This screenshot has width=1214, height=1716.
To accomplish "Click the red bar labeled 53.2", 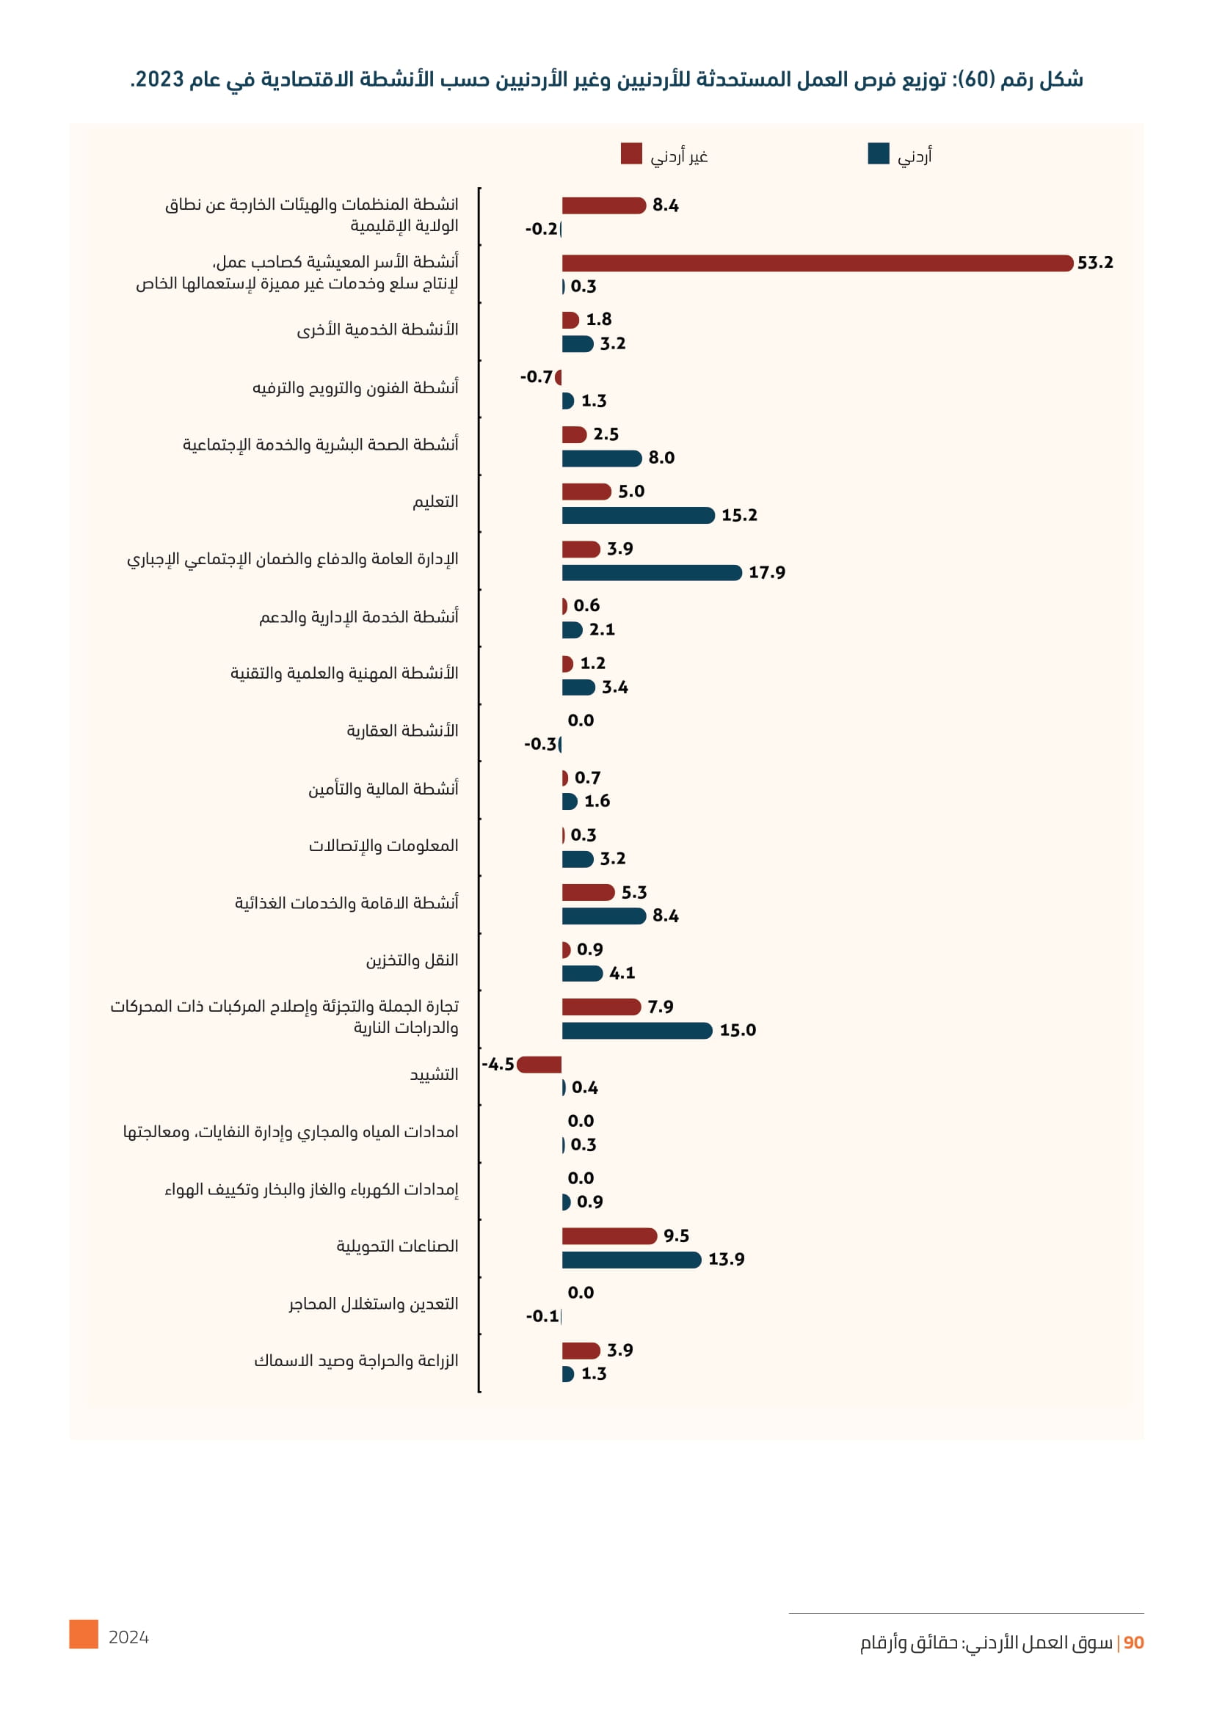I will point(816,263).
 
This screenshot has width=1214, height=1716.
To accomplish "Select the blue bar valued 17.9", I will point(651,572).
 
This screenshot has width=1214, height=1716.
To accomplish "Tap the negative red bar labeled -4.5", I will point(539,1065).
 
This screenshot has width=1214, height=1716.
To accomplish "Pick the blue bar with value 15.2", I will point(638,515).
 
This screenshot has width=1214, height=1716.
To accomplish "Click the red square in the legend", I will point(631,153).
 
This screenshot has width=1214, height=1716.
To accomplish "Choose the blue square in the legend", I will point(879,153).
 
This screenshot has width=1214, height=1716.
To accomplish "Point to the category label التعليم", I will point(435,503).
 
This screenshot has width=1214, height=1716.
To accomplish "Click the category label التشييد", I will point(434,1075).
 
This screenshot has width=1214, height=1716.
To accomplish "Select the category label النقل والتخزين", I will point(412,960).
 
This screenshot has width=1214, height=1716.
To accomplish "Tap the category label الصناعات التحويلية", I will point(397,1246).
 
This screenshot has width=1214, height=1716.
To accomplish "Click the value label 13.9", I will point(726,1260).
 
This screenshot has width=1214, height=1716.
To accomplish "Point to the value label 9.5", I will point(676,1236).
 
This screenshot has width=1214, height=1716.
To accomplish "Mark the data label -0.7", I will point(536,376).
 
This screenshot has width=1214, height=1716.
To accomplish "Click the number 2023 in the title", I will point(160,79).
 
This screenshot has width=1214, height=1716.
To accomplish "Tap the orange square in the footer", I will point(84,1635).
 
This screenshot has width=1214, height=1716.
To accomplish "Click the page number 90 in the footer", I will point(1133,1643).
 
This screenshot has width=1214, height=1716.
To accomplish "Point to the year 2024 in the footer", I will point(128,1637).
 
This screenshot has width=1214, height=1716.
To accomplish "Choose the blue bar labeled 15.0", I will point(637,1031).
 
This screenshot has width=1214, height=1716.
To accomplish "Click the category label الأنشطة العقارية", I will point(402,731).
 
